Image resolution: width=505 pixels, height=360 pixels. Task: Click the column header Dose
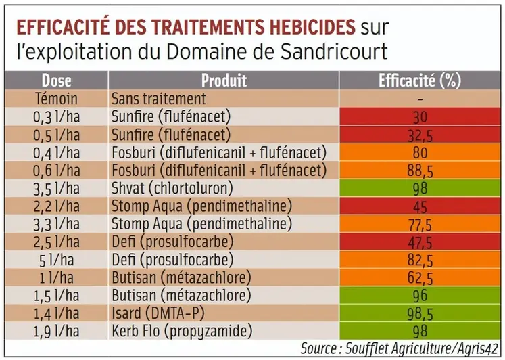coord(56,81)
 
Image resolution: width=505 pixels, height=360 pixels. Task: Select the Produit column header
coord(224,81)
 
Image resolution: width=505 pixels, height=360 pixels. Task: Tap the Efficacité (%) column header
coord(419,81)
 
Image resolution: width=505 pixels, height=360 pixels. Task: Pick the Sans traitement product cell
coord(159,99)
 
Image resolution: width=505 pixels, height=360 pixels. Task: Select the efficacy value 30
coord(419,116)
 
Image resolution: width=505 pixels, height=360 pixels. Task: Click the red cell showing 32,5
coord(419,135)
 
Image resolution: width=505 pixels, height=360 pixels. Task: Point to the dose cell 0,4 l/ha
coord(56,152)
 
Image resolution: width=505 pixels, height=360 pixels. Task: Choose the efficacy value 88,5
coord(419,170)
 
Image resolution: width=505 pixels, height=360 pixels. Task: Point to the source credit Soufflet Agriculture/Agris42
coord(418,349)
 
